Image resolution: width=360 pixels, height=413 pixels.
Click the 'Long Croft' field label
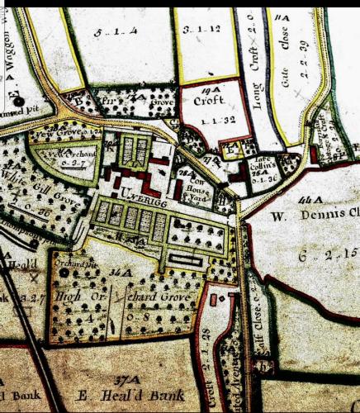pos(256,66)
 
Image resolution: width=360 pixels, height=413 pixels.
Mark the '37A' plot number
pos(125,380)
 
